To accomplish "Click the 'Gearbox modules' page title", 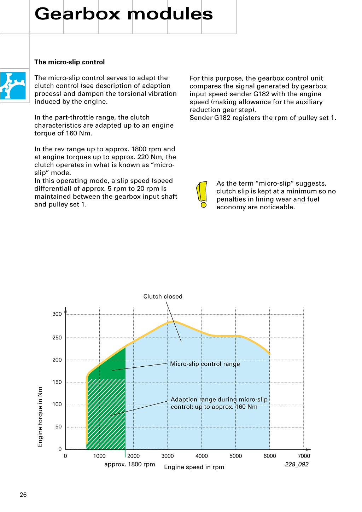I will (x=124, y=14).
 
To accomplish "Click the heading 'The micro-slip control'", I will (x=70, y=62).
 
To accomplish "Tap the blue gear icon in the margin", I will (x=13, y=86).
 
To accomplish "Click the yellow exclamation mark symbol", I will (x=202, y=194).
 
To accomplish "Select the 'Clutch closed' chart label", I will (x=163, y=297).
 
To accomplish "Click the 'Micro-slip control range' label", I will (x=205, y=364).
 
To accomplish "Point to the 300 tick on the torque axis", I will (x=57, y=314).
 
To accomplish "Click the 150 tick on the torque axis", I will (x=57, y=382).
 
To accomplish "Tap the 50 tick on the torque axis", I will (x=58, y=427).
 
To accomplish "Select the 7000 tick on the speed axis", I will (x=304, y=456).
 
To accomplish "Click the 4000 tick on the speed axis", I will (x=202, y=456).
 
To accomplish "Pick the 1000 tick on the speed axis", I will (x=99, y=456).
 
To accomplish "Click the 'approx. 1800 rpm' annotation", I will (x=129, y=464).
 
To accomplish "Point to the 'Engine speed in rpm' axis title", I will (x=194, y=467).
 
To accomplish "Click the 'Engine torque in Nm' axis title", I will (x=40, y=417).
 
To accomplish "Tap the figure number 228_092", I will (x=297, y=465).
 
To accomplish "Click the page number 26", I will (x=23, y=495).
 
